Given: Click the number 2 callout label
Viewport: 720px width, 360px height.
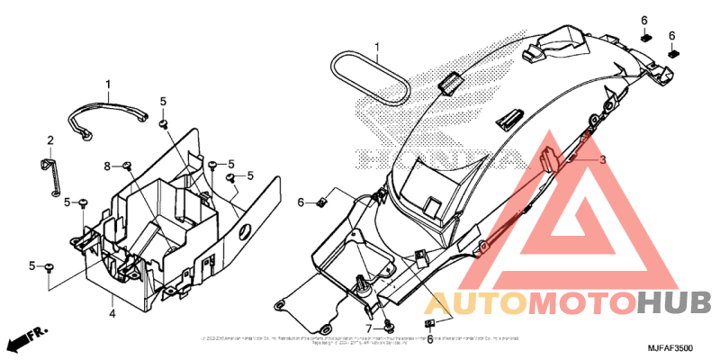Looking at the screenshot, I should point(50,139).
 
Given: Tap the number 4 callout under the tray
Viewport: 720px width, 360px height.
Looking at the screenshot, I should point(112,313).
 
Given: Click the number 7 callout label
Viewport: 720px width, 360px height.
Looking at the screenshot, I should point(368,328).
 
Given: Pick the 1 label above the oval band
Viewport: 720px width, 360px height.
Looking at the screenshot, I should point(378,47).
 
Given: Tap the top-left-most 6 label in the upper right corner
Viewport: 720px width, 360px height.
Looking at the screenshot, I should point(644,20).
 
